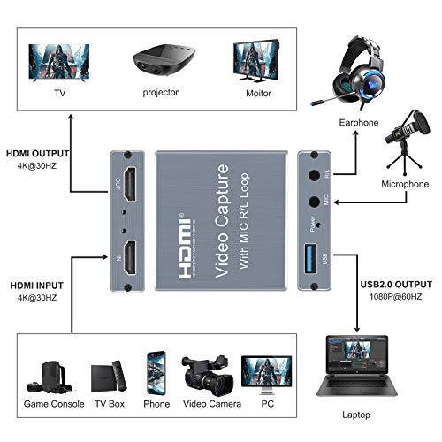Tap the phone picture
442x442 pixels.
point(157,373)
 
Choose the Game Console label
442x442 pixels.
point(55,404)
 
